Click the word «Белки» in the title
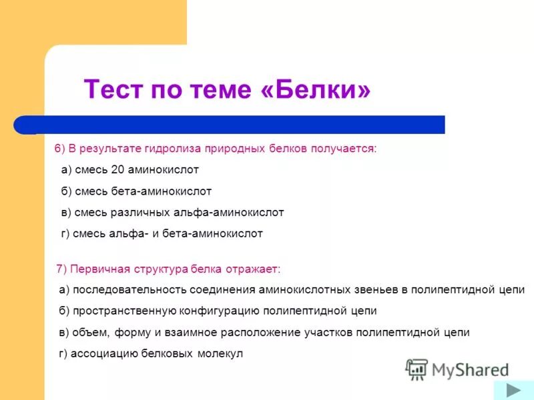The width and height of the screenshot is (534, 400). pos(316,89)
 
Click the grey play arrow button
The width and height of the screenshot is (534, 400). pos(513,390)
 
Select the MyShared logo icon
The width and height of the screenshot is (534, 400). pos(417,369)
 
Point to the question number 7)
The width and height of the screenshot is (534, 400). pos(61,268)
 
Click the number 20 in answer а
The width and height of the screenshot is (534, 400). pos(127,170)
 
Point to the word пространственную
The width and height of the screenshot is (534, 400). pos(124,311)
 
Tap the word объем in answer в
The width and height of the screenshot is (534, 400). pos(88,333)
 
